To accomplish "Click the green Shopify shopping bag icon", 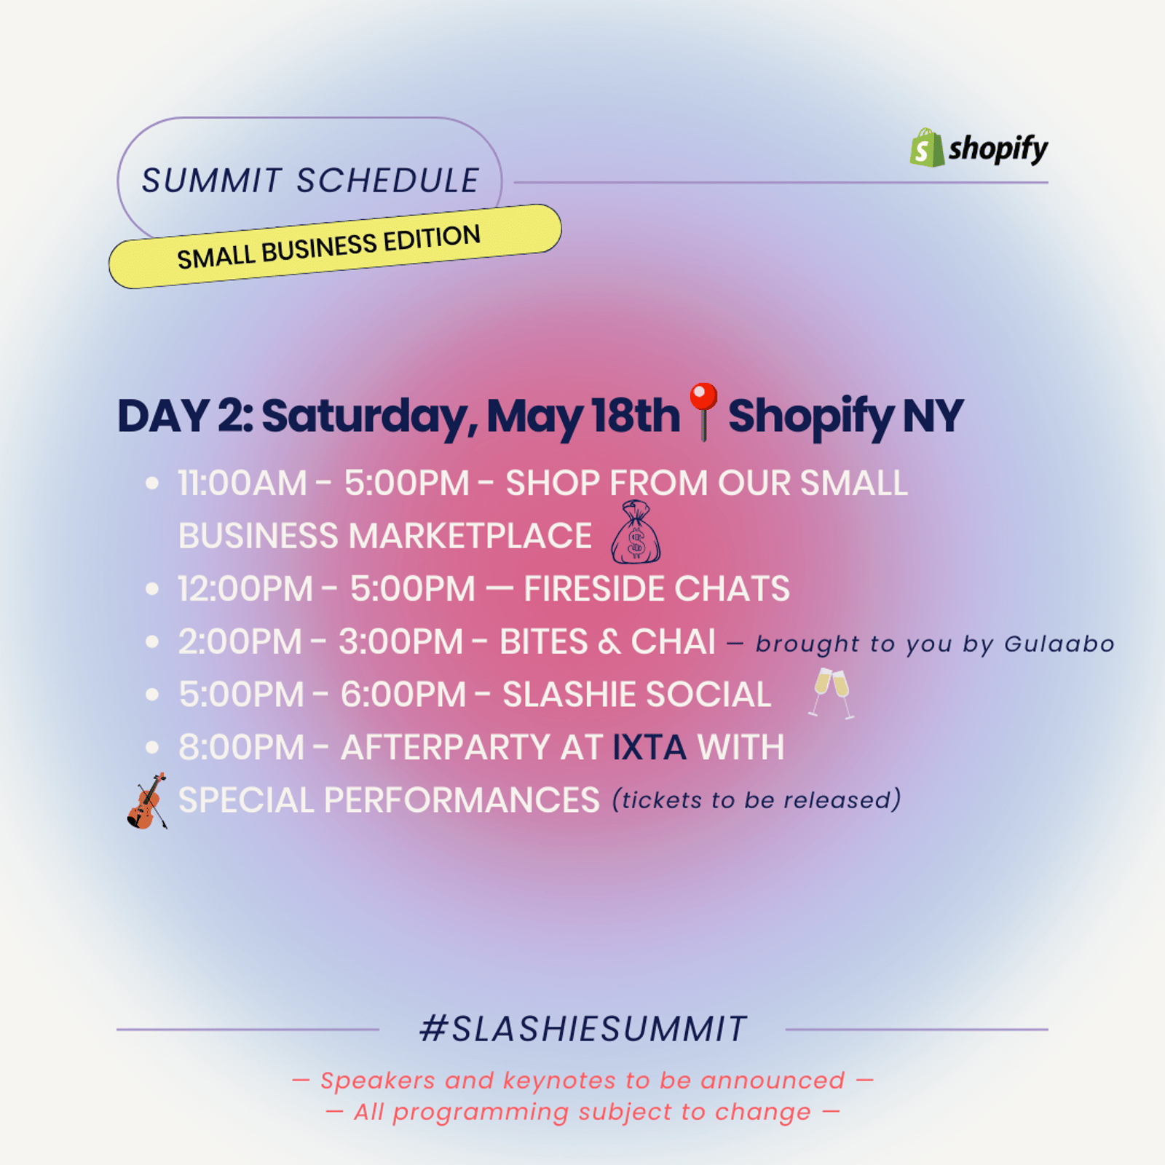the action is [x=927, y=148].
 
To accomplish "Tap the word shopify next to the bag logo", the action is [x=998, y=149].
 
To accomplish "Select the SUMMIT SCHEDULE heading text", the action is [x=310, y=181].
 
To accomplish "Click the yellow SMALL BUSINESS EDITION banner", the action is [x=335, y=246].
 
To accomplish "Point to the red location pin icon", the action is [x=703, y=411].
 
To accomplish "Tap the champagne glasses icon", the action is [x=832, y=692].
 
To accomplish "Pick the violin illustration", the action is [x=148, y=801].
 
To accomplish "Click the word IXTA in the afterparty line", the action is [x=649, y=748].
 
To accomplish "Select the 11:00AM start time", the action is [x=242, y=483].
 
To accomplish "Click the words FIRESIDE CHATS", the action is [x=657, y=589].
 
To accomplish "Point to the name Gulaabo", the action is [x=1059, y=644].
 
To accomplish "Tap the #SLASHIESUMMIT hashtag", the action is [x=583, y=1030].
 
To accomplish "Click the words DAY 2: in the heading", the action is [x=186, y=416].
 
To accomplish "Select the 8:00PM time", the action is [x=242, y=748].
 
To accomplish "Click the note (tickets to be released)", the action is [x=757, y=799].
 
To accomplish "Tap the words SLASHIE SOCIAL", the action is [x=637, y=695].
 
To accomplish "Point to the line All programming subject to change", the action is [x=582, y=1112].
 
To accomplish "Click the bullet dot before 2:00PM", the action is [x=152, y=641].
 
